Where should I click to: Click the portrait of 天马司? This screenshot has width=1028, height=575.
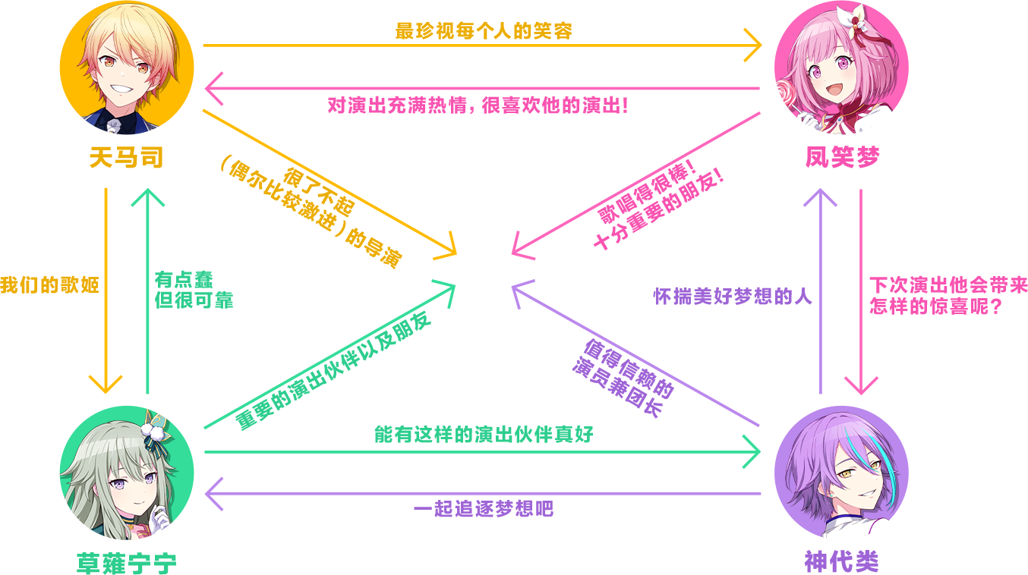click(x=127, y=68)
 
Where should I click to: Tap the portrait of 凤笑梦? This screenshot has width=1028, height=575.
click(x=841, y=68)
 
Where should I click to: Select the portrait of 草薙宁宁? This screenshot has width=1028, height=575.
click(x=127, y=472)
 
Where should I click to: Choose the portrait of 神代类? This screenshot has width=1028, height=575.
click(x=841, y=472)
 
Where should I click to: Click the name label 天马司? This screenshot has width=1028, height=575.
click(x=126, y=159)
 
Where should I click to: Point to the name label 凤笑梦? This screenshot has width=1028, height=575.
click(x=842, y=159)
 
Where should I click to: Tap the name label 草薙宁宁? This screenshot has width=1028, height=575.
click(x=127, y=563)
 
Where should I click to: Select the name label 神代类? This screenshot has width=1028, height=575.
click(x=841, y=562)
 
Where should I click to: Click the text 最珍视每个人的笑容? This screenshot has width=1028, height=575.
click(x=484, y=31)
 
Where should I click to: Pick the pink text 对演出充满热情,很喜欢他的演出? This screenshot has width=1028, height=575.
click(x=478, y=105)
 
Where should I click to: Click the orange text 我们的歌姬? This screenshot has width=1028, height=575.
click(x=49, y=287)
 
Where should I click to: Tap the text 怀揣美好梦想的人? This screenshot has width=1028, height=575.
click(x=733, y=297)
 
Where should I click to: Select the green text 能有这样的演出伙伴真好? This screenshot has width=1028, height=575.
click(x=484, y=435)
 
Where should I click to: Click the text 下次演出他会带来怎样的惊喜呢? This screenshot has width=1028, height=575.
click(x=948, y=297)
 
